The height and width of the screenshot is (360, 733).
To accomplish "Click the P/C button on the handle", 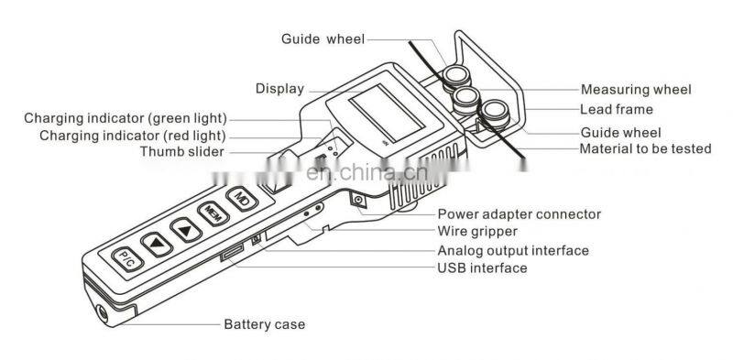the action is [127, 259].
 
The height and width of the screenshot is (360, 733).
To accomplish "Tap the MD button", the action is [242, 199].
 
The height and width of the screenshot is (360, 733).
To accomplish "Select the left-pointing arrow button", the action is [157, 245].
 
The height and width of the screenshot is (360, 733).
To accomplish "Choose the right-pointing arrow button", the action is [186, 230].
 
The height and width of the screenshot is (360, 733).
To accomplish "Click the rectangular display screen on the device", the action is [387, 113].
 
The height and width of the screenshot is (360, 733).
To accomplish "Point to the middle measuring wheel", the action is [466, 99].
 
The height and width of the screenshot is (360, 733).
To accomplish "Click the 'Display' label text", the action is [279, 89].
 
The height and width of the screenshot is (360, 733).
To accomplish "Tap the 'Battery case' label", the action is [264, 324].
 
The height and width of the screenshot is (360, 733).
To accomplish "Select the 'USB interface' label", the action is [482, 267].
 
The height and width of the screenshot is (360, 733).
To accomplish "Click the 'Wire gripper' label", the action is [477, 232].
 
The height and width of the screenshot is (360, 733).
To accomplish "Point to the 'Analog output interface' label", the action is [513, 251].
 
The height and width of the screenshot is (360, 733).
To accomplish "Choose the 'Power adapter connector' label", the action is [519, 214].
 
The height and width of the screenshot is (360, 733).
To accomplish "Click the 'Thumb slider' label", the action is [181, 152].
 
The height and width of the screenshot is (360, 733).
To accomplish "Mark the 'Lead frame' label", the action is [616, 109].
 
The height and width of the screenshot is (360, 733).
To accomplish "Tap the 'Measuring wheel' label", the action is [636, 89].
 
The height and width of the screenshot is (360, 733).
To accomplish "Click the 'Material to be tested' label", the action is [645, 148].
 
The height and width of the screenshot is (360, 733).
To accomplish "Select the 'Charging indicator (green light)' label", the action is [126, 118].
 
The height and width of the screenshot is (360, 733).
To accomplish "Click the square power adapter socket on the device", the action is [358, 201].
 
